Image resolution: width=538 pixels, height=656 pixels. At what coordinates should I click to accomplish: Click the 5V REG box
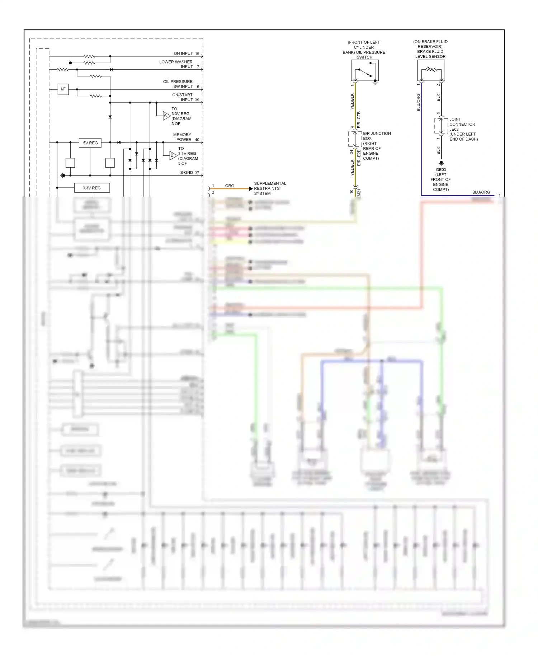click(x=90, y=143)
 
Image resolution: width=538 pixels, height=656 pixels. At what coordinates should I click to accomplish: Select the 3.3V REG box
click(x=92, y=188)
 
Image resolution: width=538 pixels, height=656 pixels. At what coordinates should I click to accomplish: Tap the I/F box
click(x=63, y=89)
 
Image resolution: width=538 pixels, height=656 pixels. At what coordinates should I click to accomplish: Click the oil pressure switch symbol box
click(x=365, y=70)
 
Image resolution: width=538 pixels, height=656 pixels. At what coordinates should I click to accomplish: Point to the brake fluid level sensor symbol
click(x=431, y=70)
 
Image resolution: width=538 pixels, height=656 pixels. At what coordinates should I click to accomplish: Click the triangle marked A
click(x=166, y=116)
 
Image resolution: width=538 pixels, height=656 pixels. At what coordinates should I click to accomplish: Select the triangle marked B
click(x=173, y=155)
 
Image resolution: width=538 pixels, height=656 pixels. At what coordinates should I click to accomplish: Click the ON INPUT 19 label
click(x=186, y=53)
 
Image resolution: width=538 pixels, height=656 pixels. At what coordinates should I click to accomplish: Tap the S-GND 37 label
click(x=189, y=173)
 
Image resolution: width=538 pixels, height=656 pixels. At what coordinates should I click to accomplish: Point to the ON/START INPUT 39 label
click(x=185, y=97)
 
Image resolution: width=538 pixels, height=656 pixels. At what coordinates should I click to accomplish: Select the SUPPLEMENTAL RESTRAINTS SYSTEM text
click(x=269, y=188)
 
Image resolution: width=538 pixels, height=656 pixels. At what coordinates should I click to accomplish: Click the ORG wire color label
click(x=230, y=186)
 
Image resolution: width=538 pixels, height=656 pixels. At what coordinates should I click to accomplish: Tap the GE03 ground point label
click(x=441, y=170)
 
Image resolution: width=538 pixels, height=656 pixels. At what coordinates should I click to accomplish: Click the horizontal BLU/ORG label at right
click(x=481, y=192)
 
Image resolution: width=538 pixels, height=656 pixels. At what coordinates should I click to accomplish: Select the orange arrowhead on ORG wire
click(x=251, y=189)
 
